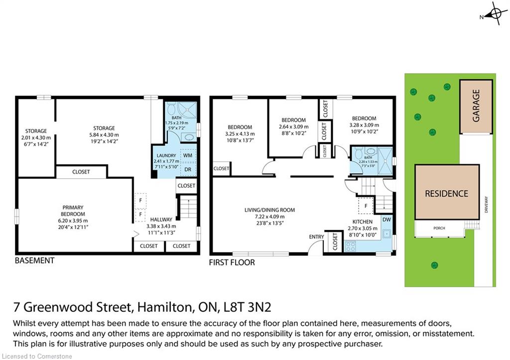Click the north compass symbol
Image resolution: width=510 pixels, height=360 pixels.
click(x=495, y=13)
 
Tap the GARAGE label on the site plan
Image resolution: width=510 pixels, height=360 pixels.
click(x=476, y=106)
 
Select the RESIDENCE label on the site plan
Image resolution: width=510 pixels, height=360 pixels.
click(x=447, y=194)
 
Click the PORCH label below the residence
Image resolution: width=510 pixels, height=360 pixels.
click(x=439, y=228)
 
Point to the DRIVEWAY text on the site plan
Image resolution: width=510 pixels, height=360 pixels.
click(x=486, y=204)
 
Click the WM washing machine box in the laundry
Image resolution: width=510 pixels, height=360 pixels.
click(x=188, y=155)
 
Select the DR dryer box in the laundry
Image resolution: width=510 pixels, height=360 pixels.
click(x=188, y=169)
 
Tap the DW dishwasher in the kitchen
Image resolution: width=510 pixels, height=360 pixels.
click(x=386, y=220)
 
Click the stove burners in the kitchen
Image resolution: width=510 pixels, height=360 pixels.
click(x=351, y=246)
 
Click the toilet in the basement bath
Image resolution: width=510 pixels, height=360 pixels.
click(x=172, y=108)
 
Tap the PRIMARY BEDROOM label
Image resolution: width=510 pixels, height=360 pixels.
click(x=73, y=211)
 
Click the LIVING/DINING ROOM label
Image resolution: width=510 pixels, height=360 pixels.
click(x=269, y=210)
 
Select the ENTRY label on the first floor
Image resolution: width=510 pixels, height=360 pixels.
click(x=316, y=237)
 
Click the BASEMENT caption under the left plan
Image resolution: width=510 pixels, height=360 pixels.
click(x=34, y=260)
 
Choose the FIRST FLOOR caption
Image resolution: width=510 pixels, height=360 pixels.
click(x=232, y=262)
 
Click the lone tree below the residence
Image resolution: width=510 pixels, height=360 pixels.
click(x=434, y=265)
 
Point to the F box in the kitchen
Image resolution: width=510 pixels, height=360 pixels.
click(x=366, y=206)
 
